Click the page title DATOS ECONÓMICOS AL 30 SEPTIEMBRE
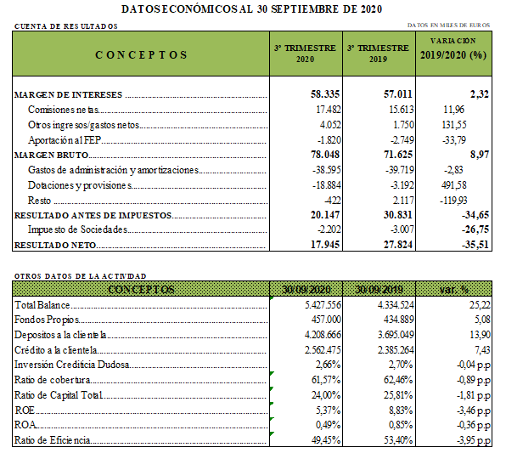tap(251, 9)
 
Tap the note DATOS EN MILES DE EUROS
tap(448, 25)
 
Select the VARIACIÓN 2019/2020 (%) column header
tap(453, 49)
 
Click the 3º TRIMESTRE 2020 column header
tap(305, 54)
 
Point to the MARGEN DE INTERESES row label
tap(69, 94)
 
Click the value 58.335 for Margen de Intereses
tap(325, 94)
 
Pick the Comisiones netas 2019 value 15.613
tap(401, 110)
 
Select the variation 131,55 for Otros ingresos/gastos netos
tap(453, 125)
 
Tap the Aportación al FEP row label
tap(65, 140)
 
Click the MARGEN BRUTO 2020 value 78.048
tap(325, 155)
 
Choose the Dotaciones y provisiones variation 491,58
tap(453, 185)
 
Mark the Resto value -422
tap(333, 201)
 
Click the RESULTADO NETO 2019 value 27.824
tap(398, 244)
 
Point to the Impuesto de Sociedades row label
tap(77, 229)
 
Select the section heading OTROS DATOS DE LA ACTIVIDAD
tap(80, 276)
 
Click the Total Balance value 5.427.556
tap(323, 305)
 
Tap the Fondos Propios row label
tap(47, 320)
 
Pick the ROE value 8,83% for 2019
tap(401, 411)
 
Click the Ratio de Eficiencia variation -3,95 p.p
tap(474, 440)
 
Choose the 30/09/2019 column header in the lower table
tap(379, 289)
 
